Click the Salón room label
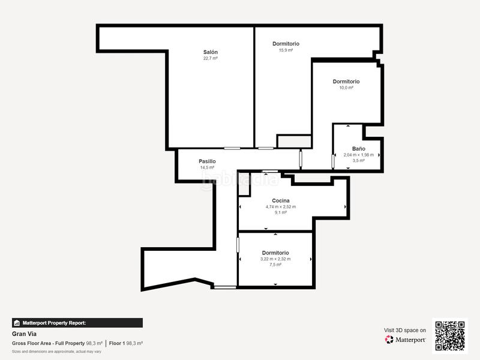point(210,52)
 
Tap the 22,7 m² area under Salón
point(210,58)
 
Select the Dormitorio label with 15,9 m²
point(286,44)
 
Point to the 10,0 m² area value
point(346,88)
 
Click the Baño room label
point(358,148)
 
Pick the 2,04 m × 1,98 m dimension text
point(358,155)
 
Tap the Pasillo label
point(207,161)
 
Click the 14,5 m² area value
point(207,167)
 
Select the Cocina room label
point(281,200)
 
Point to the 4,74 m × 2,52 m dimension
point(281,206)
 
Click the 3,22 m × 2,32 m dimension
point(275,259)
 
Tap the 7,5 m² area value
point(275,265)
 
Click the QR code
point(450,335)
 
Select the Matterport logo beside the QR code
point(406,340)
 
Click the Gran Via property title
point(21,335)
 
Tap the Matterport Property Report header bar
point(77,323)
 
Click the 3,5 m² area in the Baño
point(358,161)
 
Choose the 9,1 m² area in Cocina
point(281,212)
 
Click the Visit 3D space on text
point(405,330)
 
